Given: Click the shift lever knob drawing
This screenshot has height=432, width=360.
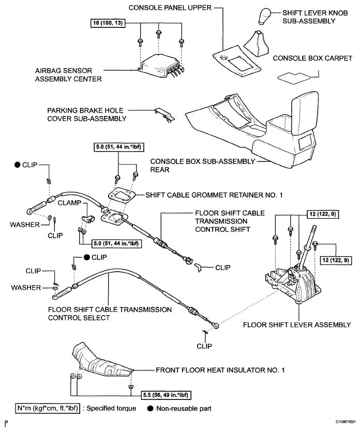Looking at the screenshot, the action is pos(265,16).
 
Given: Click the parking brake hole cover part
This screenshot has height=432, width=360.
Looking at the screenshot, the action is pos(164,115).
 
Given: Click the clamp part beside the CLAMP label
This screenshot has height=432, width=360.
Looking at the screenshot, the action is pos(87,218).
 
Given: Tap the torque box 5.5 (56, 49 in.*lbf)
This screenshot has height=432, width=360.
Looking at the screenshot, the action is pos(166,395).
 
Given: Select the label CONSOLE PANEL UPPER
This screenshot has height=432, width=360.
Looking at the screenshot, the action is pos(170,8).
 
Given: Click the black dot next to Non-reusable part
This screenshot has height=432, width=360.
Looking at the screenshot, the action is pos(150,408).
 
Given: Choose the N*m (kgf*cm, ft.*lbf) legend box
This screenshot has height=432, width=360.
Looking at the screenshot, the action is pos(48,408).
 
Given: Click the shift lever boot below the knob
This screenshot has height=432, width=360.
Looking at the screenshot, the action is pos(256,43).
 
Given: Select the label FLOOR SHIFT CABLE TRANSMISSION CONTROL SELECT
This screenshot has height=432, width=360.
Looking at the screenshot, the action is pos(110,314).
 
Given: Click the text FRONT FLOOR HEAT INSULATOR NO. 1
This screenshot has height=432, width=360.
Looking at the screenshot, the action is pos(220,370).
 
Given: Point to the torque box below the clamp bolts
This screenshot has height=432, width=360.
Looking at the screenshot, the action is pos(116,243).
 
